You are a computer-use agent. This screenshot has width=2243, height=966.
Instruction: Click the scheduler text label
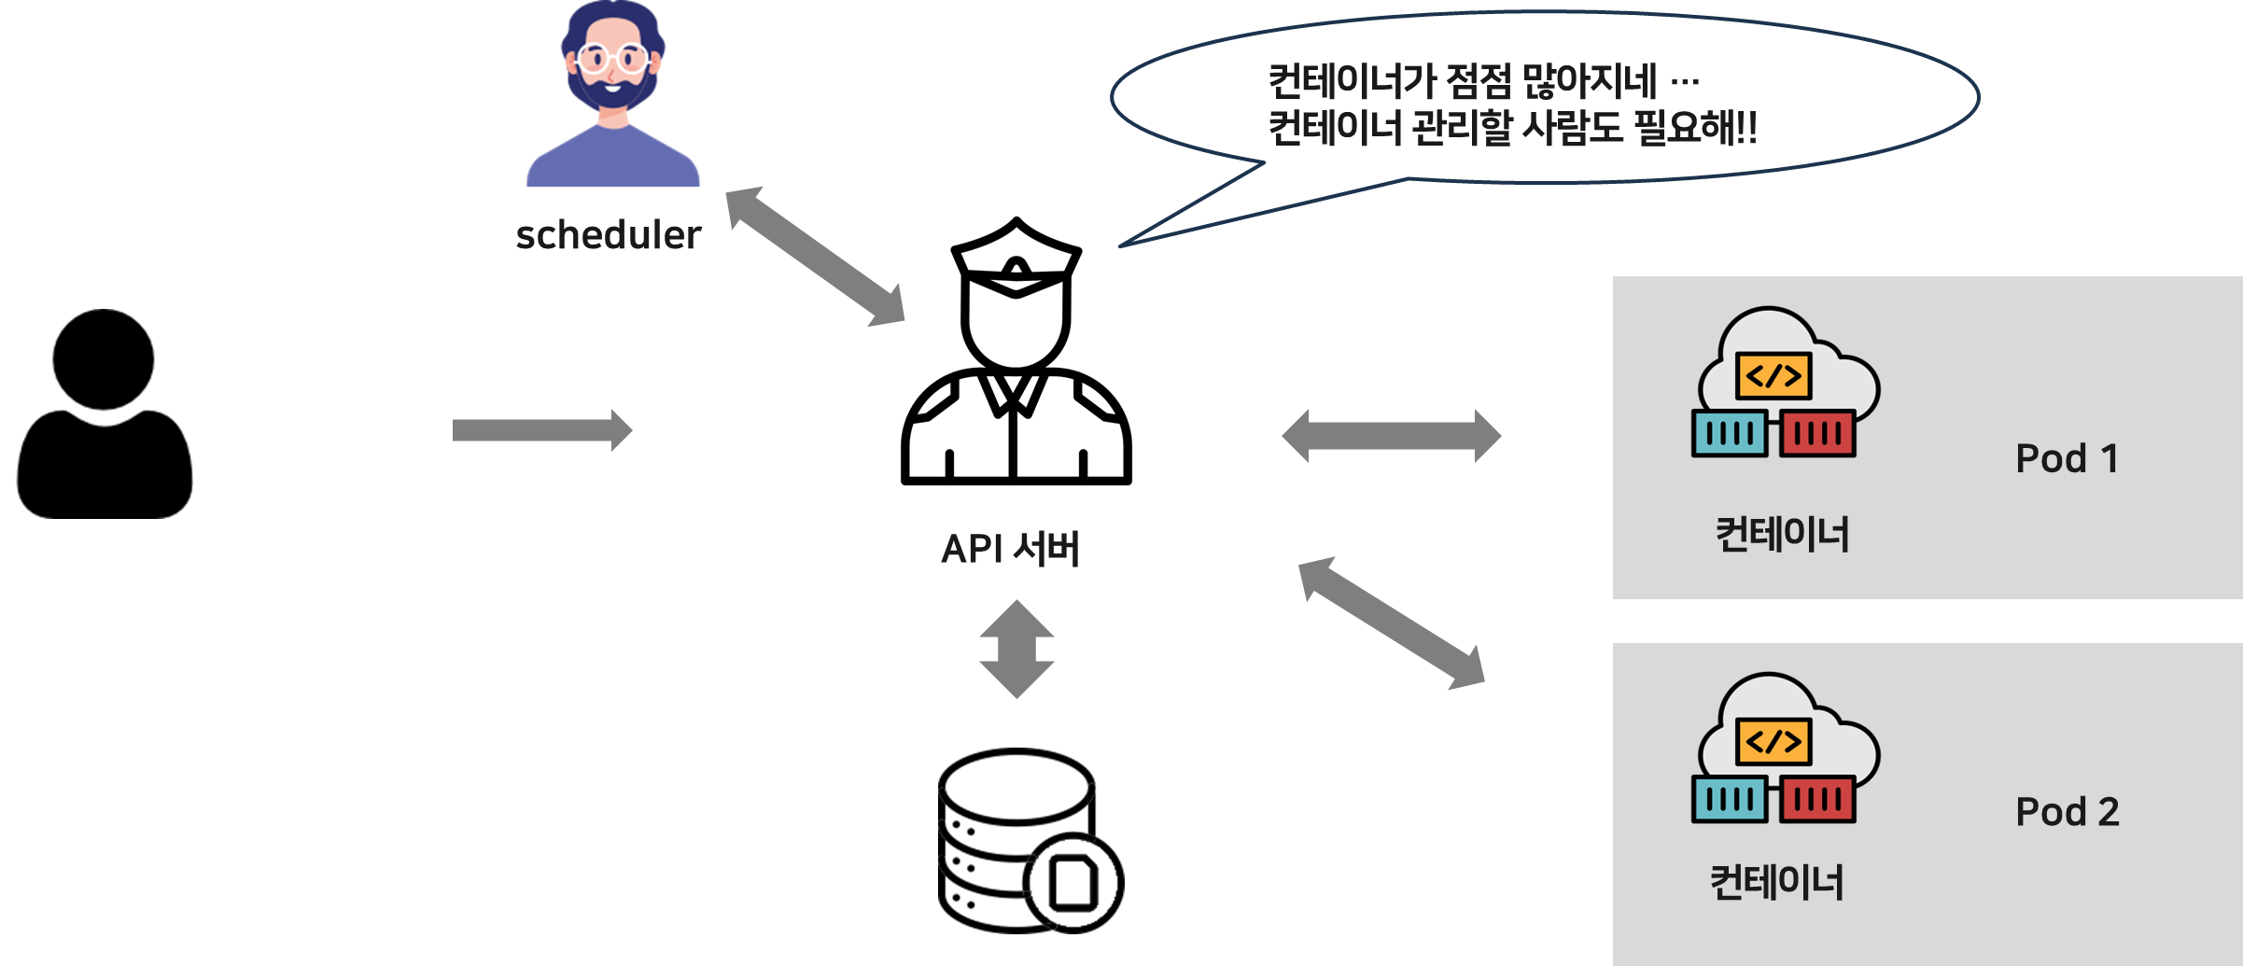608,235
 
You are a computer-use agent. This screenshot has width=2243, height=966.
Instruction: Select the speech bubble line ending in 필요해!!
1512,128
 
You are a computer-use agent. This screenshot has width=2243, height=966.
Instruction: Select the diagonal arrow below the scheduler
815,257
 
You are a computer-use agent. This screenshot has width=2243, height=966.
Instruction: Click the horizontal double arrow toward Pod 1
1391,436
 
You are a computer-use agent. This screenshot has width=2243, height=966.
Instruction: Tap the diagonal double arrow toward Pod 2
1391,623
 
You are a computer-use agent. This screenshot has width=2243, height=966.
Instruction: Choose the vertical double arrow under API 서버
1016,650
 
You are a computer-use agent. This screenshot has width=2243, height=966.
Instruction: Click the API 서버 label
1010,549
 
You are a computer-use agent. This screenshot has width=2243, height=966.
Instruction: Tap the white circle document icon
1073,883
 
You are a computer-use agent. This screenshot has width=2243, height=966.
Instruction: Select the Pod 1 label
2067,458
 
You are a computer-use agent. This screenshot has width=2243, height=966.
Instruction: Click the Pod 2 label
2067,812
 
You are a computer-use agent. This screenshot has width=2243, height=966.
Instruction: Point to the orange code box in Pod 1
1773,376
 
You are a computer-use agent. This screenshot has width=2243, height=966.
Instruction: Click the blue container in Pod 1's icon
1730,434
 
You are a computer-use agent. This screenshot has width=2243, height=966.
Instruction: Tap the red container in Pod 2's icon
1817,800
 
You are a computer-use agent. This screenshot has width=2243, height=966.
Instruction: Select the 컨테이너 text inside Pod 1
1782,535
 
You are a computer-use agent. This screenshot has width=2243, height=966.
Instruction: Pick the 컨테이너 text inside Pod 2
1776,883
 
